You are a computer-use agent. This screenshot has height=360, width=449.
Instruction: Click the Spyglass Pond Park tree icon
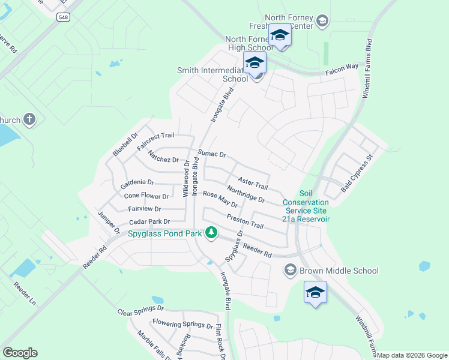[x=211, y=232]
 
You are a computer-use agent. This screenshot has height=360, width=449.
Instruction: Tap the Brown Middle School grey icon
[x=291, y=270]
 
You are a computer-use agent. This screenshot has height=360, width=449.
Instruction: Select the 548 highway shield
[x=63, y=17]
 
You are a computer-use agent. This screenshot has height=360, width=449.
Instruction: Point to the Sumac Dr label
[x=212, y=154]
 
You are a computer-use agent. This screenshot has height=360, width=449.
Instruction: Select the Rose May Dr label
[x=220, y=199]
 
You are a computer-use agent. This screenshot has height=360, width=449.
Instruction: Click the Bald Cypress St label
[x=357, y=173]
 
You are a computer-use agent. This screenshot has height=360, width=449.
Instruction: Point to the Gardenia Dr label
[x=137, y=182]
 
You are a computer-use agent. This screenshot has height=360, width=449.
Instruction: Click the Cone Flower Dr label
[x=146, y=196]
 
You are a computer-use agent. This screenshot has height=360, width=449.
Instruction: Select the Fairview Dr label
[x=144, y=209]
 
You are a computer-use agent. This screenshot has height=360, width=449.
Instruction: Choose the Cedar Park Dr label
[x=150, y=222]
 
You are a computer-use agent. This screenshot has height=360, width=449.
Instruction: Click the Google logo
[x=20, y=353]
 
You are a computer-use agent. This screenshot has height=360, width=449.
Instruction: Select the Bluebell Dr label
[x=125, y=145]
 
